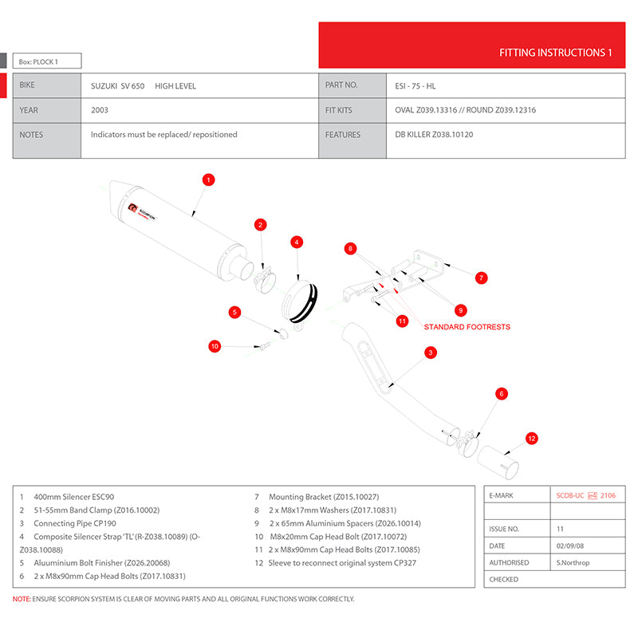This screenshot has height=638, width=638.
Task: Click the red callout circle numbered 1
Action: (x=207, y=179)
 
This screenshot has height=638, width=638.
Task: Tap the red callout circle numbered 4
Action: (x=296, y=242)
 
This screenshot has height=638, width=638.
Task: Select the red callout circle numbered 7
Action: (x=481, y=278)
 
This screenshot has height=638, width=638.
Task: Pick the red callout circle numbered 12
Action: (x=532, y=438)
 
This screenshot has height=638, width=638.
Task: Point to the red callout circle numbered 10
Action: (x=215, y=345)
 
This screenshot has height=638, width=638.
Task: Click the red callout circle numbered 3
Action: (x=430, y=352)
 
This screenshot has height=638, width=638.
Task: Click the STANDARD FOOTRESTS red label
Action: (x=467, y=327)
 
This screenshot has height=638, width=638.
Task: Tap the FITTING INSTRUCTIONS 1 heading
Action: (x=555, y=53)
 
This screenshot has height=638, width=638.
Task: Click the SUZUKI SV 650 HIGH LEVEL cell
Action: (x=144, y=85)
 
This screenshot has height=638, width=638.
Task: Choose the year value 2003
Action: (x=100, y=110)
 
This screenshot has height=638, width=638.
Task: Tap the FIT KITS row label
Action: (x=338, y=110)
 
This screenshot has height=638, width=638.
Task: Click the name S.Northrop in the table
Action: (x=573, y=562)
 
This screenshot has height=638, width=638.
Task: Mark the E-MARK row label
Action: (x=503, y=495)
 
